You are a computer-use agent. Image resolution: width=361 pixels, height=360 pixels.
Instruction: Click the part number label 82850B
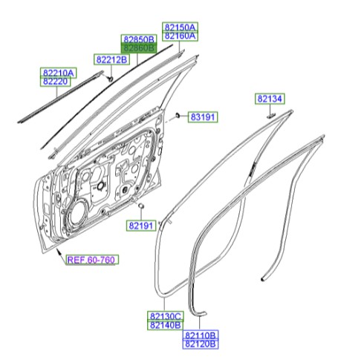[139, 39]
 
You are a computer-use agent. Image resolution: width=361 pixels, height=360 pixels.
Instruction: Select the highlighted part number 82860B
[139, 48]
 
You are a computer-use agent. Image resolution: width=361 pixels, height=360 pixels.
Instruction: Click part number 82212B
[111, 59]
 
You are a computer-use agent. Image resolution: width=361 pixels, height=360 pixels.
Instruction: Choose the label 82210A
[58, 73]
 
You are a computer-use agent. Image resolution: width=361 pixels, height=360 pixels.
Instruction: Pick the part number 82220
[58, 82]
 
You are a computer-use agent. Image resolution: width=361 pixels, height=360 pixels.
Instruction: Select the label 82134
[271, 99]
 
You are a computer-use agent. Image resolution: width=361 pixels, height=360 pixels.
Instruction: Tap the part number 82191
[140, 225]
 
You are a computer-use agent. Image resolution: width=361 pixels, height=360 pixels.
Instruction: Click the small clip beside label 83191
[179, 116]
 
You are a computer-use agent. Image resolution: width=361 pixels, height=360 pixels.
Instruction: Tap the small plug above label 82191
[140, 204]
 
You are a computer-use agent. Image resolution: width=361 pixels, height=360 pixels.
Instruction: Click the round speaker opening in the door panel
[77, 215]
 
